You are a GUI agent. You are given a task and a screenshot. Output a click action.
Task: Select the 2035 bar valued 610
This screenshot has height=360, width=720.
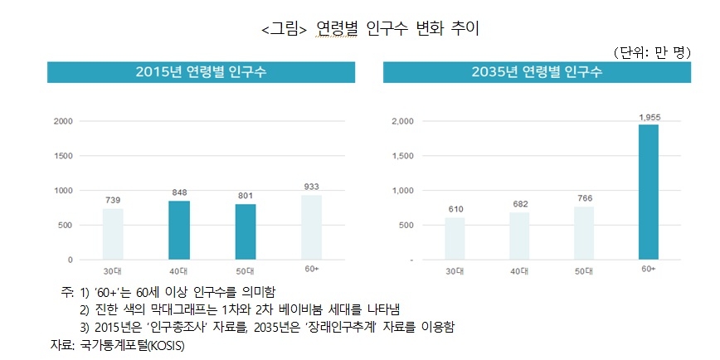tap(455, 238)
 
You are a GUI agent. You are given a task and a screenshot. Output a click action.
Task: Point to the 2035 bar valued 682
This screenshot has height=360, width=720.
tap(519, 236)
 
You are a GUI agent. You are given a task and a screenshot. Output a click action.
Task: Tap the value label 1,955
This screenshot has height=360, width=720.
tap(648, 117)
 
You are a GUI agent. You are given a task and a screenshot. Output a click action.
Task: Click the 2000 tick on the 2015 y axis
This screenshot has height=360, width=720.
tap(64, 121)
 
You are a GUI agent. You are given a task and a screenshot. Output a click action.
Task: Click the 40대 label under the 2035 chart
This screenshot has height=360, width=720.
tap(519, 271)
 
